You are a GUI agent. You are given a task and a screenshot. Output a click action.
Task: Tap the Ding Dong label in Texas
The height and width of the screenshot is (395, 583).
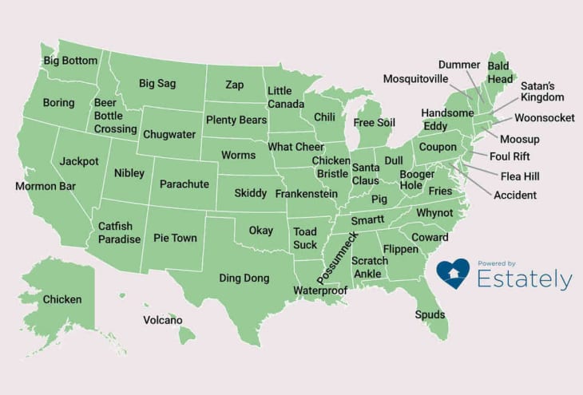(244, 278)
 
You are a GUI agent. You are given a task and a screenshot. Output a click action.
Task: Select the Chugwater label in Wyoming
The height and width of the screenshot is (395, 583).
(169, 134)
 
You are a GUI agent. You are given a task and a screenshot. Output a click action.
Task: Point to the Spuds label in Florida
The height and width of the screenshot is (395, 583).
(430, 314)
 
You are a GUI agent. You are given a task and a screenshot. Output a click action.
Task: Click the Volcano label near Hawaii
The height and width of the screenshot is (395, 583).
(163, 320)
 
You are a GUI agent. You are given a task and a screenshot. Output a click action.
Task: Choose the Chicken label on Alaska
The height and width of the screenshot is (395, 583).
(62, 299)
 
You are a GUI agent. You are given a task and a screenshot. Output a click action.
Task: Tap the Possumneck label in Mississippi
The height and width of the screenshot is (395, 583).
(339, 256)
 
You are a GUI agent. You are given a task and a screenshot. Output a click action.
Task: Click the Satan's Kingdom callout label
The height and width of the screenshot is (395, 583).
(542, 91)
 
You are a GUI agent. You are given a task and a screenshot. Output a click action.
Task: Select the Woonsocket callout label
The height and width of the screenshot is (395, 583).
(544, 118)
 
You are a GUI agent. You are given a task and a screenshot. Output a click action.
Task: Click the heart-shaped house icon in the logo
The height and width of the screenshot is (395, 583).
(453, 274)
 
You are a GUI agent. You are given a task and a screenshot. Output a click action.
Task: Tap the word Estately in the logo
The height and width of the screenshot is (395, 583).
(524, 280)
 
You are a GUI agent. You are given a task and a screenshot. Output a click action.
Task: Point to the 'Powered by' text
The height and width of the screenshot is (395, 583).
(497, 263)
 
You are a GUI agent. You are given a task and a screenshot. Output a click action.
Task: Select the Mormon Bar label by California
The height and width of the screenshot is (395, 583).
(45, 187)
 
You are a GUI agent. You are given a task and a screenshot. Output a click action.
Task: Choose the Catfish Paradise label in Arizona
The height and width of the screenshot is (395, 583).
(119, 233)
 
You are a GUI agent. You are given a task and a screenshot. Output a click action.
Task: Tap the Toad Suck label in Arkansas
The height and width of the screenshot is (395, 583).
(305, 238)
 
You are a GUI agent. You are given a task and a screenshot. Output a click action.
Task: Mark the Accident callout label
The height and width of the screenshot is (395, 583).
(515, 195)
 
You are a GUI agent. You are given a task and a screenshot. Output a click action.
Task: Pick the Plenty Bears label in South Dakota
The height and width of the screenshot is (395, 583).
(236, 120)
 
